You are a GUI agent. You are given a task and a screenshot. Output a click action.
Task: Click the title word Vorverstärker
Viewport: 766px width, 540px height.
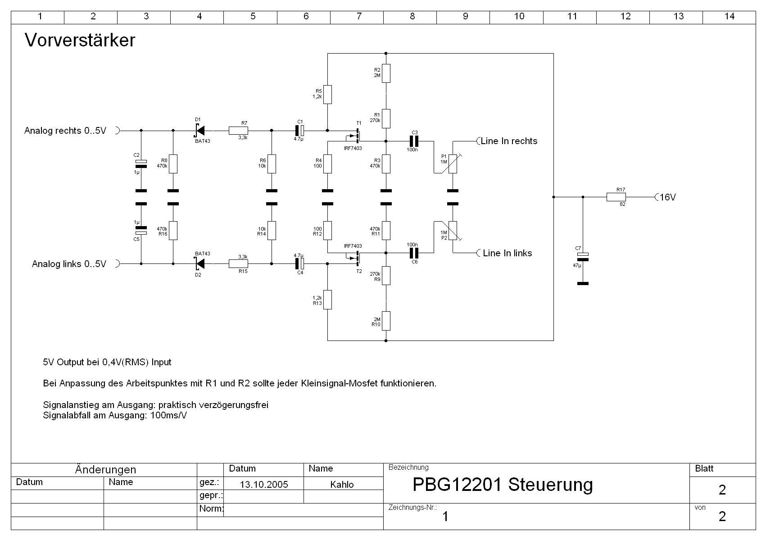pos(80,41)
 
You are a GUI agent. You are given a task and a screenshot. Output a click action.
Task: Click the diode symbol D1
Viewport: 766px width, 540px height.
pos(199,131)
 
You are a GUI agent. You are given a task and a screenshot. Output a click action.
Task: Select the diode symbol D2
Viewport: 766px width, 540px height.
pos(199,263)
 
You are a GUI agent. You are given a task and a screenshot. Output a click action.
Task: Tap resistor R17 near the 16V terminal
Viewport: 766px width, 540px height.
pos(616,197)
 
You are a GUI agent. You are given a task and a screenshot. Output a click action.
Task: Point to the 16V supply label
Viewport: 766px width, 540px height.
pos(668,197)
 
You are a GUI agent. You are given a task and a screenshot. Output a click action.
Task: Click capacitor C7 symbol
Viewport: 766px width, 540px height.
pos(583,257)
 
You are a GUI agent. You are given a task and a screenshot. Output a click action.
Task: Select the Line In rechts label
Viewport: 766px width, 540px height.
pos(509,141)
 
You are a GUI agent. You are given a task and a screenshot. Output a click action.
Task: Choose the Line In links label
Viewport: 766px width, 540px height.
pos(507,253)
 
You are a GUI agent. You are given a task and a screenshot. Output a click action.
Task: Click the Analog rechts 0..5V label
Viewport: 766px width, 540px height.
pos(65,131)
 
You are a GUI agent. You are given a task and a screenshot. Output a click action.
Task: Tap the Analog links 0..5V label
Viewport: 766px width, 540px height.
pos(69,264)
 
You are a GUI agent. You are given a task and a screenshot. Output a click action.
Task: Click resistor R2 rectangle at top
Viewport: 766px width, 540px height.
pos(386,73)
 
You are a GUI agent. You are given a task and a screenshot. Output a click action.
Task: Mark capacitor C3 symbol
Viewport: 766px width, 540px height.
pos(414,141)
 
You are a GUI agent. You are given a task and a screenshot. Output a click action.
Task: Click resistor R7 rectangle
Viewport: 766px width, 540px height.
pos(238,131)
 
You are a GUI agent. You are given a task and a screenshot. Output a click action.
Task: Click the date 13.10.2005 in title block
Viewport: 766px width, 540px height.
pos(264,485)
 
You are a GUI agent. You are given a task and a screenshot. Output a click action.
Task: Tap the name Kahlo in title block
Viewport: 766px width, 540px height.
pos(342,485)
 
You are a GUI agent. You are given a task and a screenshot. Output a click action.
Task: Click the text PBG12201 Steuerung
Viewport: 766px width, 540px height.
pos(503,485)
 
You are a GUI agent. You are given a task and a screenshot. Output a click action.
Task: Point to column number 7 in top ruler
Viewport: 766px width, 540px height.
pos(359,17)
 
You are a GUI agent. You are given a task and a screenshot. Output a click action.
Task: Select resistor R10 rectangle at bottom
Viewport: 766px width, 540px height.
pos(386,321)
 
